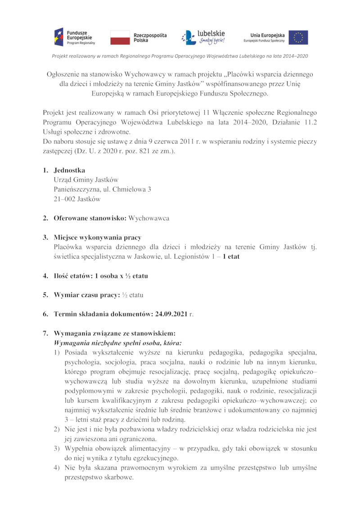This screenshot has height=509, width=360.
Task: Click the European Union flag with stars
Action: [298, 37]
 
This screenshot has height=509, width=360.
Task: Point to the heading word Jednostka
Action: [69, 171]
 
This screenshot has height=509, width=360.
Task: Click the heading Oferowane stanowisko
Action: [90, 218]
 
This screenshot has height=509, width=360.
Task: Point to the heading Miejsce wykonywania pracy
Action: [98, 238]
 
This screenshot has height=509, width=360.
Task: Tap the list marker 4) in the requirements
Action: [57, 468]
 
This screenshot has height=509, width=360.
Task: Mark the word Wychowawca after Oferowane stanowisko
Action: [149, 218]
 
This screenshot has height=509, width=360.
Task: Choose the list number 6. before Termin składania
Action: [45, 314]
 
